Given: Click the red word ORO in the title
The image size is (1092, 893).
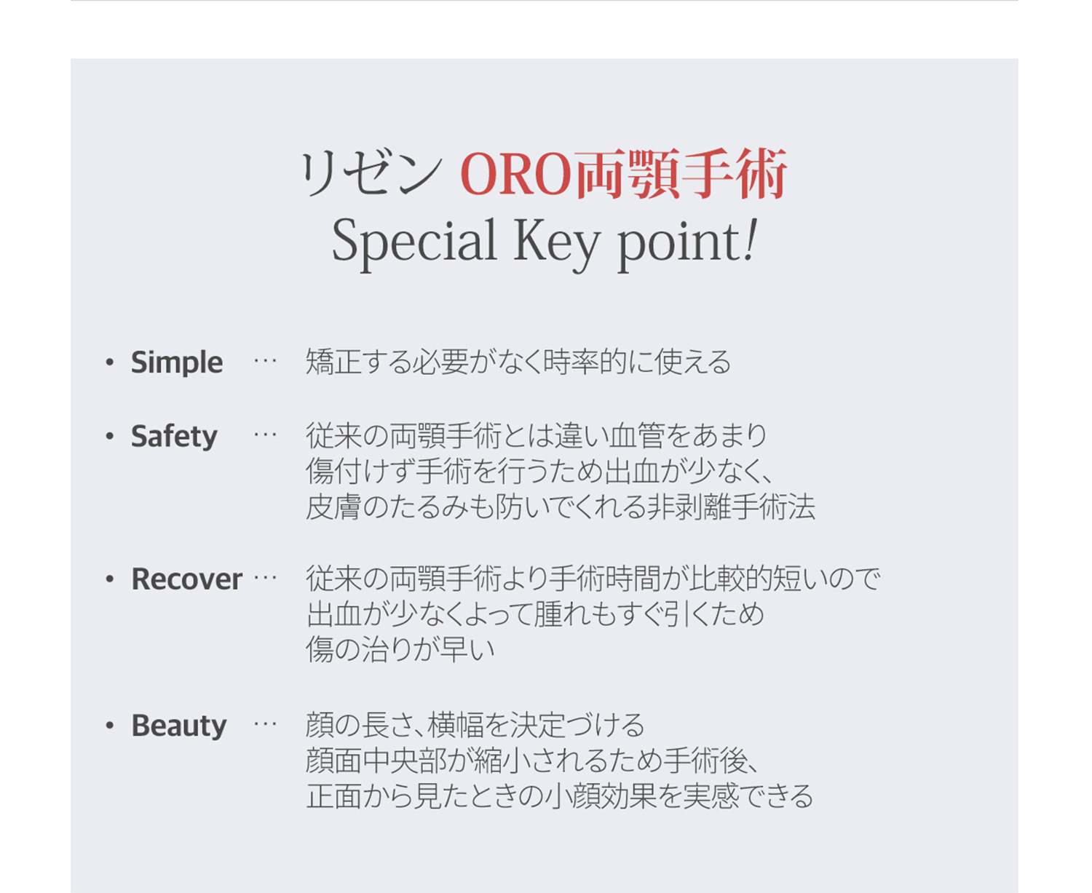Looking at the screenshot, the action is point(515,174).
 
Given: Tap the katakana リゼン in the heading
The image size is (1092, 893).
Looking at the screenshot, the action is point(372,174).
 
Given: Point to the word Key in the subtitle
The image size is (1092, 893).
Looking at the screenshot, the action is point(557,242).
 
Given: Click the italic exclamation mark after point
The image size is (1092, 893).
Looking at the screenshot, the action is point(750,239).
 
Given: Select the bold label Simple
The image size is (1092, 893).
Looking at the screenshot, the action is point(177,363).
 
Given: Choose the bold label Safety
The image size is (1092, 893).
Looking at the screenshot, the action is point(174,437).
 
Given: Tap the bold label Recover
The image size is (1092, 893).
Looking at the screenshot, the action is point(187,579).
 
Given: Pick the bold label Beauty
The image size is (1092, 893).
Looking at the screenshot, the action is point(179,726).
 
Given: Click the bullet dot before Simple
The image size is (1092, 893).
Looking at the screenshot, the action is point(109,362).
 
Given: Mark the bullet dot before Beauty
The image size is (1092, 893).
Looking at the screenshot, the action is point(109,726).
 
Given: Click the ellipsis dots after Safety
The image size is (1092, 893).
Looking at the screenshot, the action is point(265,435).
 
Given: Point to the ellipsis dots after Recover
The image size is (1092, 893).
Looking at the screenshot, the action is point(265,578).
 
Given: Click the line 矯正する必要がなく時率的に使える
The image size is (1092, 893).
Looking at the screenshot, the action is point(518,362).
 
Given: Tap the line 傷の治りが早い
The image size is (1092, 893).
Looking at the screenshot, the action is point(400,650).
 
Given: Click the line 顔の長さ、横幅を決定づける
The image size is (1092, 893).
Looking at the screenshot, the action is point(475,726).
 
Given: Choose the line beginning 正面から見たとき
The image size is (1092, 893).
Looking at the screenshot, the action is point(560,797).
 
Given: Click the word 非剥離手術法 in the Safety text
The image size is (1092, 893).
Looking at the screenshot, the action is point(731,507).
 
